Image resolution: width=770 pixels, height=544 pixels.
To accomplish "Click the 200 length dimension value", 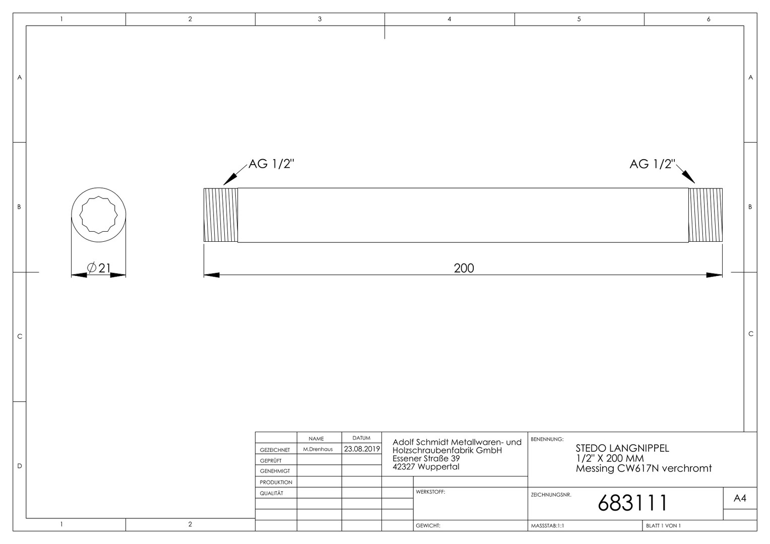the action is pos(464,268).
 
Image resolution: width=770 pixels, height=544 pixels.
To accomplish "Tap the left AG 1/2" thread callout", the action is pos(271,164).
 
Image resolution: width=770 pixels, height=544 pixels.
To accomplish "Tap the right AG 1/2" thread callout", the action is pos(652,164).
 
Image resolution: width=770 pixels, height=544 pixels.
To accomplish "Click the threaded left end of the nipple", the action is pos(221,215).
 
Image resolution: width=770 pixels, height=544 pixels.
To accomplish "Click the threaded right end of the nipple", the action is pos(705,215).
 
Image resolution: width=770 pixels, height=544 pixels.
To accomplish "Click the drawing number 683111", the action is pos(632,503).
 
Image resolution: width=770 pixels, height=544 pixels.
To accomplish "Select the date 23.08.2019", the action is pos(362,449).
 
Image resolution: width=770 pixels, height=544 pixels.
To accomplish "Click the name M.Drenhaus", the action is pos(318,449).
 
